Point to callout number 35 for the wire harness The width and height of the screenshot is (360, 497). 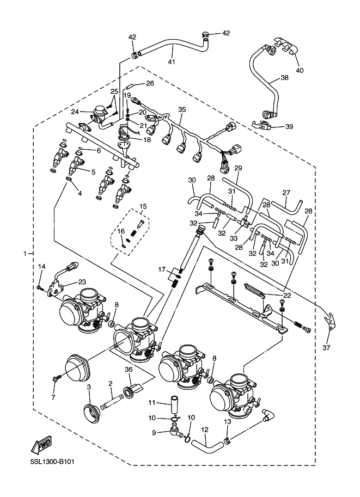[x=182, y=109]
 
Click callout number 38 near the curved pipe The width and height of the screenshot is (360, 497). [x=284, y=78]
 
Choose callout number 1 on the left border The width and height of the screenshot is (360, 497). [x=24, y=254]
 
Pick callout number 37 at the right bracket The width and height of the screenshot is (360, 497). [x=327, y=348]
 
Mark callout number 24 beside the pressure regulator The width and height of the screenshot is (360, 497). [x=75, y=112]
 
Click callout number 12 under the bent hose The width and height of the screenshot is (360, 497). [x=205, y=429]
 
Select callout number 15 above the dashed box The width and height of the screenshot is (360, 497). [x=143, y=206]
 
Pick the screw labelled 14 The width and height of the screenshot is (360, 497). [x=40, y=287]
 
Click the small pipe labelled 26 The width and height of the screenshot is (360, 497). [x=130, y=85]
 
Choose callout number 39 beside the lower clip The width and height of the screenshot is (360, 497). [x=289, y=126]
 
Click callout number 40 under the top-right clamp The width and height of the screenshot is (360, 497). [x=299, y=70]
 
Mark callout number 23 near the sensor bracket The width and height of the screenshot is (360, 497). [x=82, y=281]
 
